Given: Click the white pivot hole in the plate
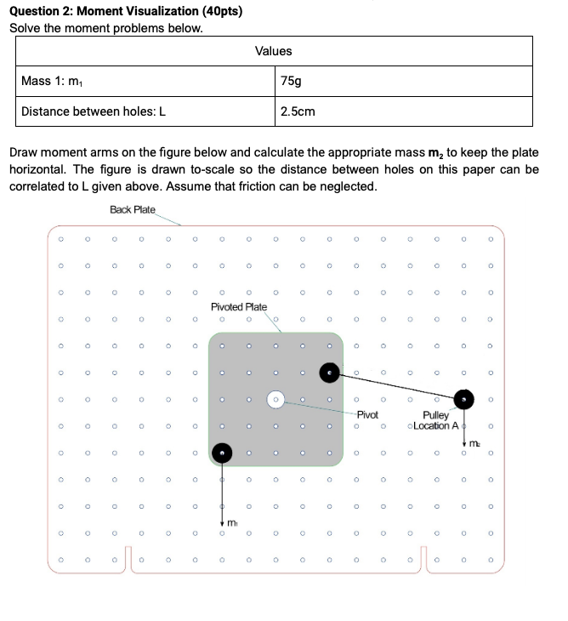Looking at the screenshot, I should pos(275,398).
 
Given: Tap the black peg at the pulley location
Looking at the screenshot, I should pos(463,398).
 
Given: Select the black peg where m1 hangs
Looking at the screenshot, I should pos(222,453).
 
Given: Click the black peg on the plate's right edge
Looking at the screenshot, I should pos(329,372).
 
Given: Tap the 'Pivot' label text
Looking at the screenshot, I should pos(367,414).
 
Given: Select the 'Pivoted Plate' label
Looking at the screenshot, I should pos(239,307).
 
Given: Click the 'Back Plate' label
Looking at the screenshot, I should pos(133,209).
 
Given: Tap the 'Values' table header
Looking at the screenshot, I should pos(273,51).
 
